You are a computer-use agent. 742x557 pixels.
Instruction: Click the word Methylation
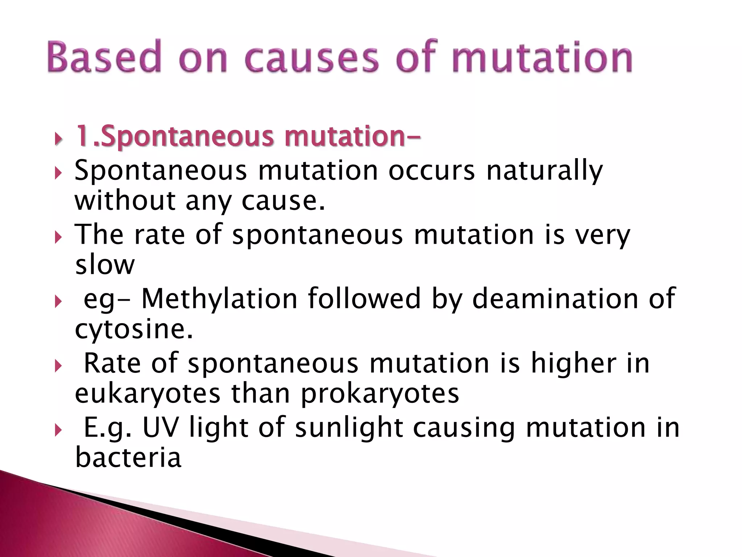coord(219,299)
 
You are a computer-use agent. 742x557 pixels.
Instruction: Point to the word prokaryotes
coord(380,394)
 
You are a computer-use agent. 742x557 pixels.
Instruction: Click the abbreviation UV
coord(161,428)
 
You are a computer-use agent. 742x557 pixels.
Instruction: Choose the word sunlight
coord(349,428)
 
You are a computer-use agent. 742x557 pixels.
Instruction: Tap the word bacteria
coord(128,458)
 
